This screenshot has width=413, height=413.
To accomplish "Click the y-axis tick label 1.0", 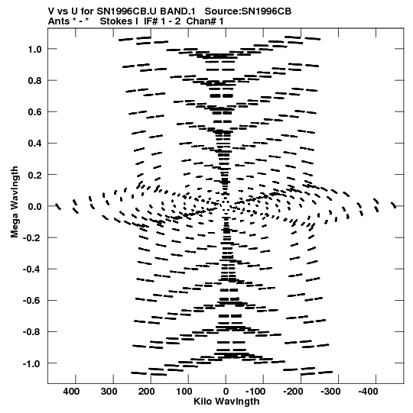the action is [x=34, y=50].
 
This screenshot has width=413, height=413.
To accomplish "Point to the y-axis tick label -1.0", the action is [x=32, y=363].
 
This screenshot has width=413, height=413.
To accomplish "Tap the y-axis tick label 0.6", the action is [x=34, y=112].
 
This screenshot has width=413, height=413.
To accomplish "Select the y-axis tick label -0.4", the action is [x=32, y=269].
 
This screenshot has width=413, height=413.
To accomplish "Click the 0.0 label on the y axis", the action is [x=34, y=206].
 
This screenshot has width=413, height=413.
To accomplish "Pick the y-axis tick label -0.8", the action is [x=32, y=332].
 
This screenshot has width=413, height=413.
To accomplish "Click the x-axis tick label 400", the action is [x=71, y=392].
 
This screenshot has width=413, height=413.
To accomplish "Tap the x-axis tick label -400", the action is [x=369, y=392].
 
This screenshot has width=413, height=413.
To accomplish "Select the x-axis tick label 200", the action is [x=147, y=392].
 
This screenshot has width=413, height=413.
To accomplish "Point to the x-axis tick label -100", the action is [x=255, y=392].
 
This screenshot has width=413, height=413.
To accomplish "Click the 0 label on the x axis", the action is [x=226, y=392].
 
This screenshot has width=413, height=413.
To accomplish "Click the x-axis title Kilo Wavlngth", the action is [x=226, y=402].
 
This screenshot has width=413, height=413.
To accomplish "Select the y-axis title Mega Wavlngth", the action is [x=15, y=202].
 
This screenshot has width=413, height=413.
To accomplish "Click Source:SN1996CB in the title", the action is [x=248, y=11].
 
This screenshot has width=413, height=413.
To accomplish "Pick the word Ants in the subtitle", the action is [x=59, y=21].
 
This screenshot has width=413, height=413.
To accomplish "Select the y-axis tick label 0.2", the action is [x=34, y=175].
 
